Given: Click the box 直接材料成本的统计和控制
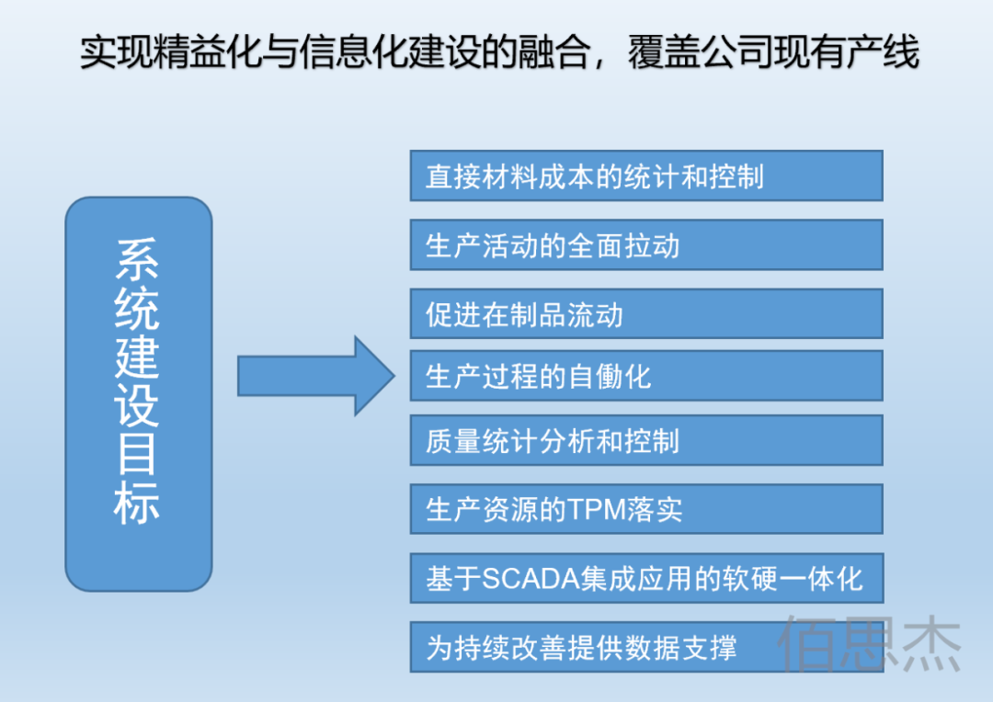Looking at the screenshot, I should coord(645,175).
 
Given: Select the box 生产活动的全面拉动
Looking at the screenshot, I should coord(645,244).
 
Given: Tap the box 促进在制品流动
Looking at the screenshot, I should coord(645,314).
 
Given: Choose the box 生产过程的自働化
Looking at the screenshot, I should coord(645,375).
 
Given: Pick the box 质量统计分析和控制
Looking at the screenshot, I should coord(645,440).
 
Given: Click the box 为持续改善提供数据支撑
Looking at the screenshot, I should coord(645,647).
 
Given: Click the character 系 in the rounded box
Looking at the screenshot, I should coord(138,260).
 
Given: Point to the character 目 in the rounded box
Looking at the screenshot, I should coord(138,453).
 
